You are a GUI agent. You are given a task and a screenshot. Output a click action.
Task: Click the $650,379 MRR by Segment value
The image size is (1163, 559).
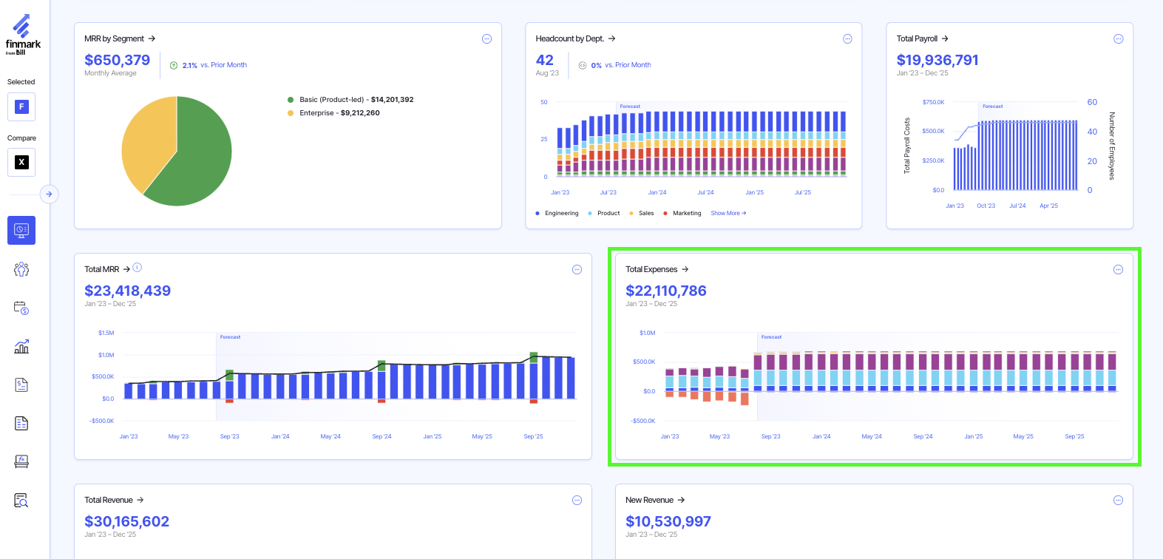[x=117, y=61]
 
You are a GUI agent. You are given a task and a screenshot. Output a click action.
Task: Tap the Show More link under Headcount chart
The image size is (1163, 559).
[x=728, y=214]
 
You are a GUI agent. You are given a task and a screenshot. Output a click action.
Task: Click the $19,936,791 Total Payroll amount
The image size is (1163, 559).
[x=937, y=61]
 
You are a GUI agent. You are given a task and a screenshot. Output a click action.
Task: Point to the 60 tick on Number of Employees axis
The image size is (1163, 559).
[x=1092, y=103]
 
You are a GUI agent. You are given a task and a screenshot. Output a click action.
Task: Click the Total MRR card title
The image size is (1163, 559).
[x=102, y=270]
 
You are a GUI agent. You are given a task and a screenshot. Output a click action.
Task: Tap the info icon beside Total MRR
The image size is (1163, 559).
[x=138, y=268]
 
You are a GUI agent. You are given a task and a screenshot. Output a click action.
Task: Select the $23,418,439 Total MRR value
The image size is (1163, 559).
[x=127, y=291]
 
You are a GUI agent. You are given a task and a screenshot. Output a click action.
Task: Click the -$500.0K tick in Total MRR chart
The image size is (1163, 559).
[x=102, y=421]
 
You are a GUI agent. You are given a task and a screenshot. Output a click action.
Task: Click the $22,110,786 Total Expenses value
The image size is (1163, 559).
[x=665, y=291]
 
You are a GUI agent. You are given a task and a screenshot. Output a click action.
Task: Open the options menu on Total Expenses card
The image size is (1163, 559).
[x=1118, y=270]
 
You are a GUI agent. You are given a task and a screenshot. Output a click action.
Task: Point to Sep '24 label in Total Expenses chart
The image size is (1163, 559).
[x=923, y=437]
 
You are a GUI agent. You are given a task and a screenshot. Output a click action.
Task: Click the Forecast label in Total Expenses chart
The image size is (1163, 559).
[x=771, y=337]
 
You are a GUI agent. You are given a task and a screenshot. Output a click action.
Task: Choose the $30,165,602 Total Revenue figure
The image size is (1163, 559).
[x=126, y=522]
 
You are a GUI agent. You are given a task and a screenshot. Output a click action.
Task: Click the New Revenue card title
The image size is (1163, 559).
[x=649, y=501]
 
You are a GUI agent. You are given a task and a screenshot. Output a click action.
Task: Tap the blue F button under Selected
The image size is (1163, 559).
[x=21, y=107]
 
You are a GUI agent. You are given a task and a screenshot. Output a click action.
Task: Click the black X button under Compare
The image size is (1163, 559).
[x=21, y=163]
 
